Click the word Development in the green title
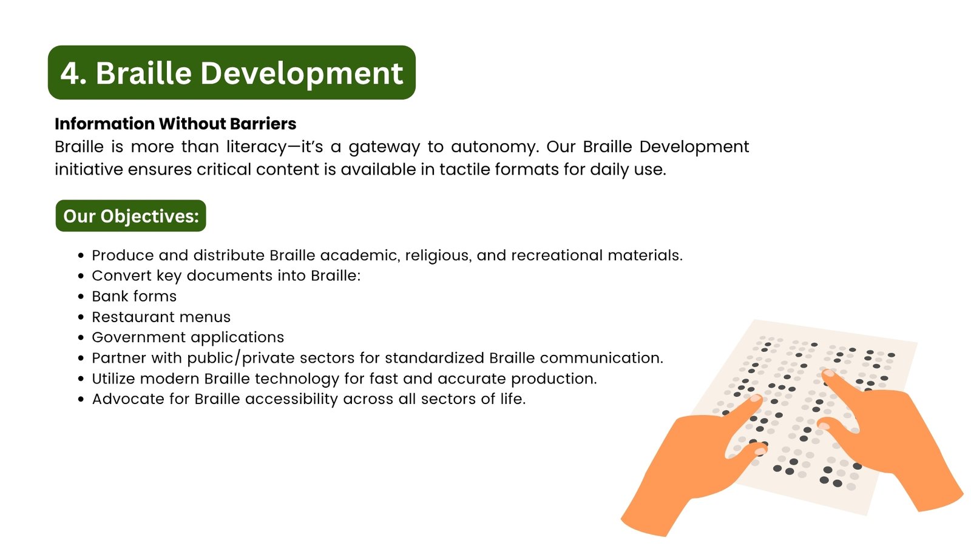(x=302, y=73)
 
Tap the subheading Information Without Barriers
(x=175, y=124)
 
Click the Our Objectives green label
(x=131, y=216)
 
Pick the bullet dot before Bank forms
(x=81, y=297)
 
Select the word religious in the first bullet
(x=438, y=255)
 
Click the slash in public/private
(x=237, y=358)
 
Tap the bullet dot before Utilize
(x=81, y=379)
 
